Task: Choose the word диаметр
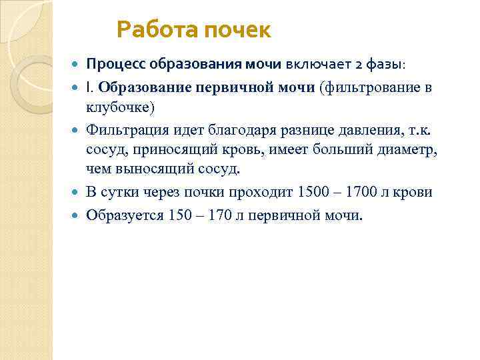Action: [410, 149]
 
